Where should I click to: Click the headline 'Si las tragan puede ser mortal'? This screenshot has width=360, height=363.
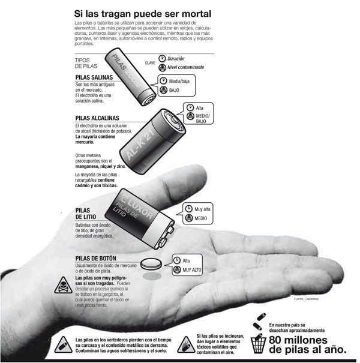click(x=143, y=13)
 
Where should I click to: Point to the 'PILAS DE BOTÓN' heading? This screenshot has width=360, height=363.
click(x=99, y=259)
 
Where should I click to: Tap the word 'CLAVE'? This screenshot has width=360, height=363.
click(x=151, y=63)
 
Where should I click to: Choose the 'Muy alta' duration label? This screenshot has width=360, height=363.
click(x=203, y=209)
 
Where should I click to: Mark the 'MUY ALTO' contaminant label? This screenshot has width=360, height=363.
click(x=192, y=271)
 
